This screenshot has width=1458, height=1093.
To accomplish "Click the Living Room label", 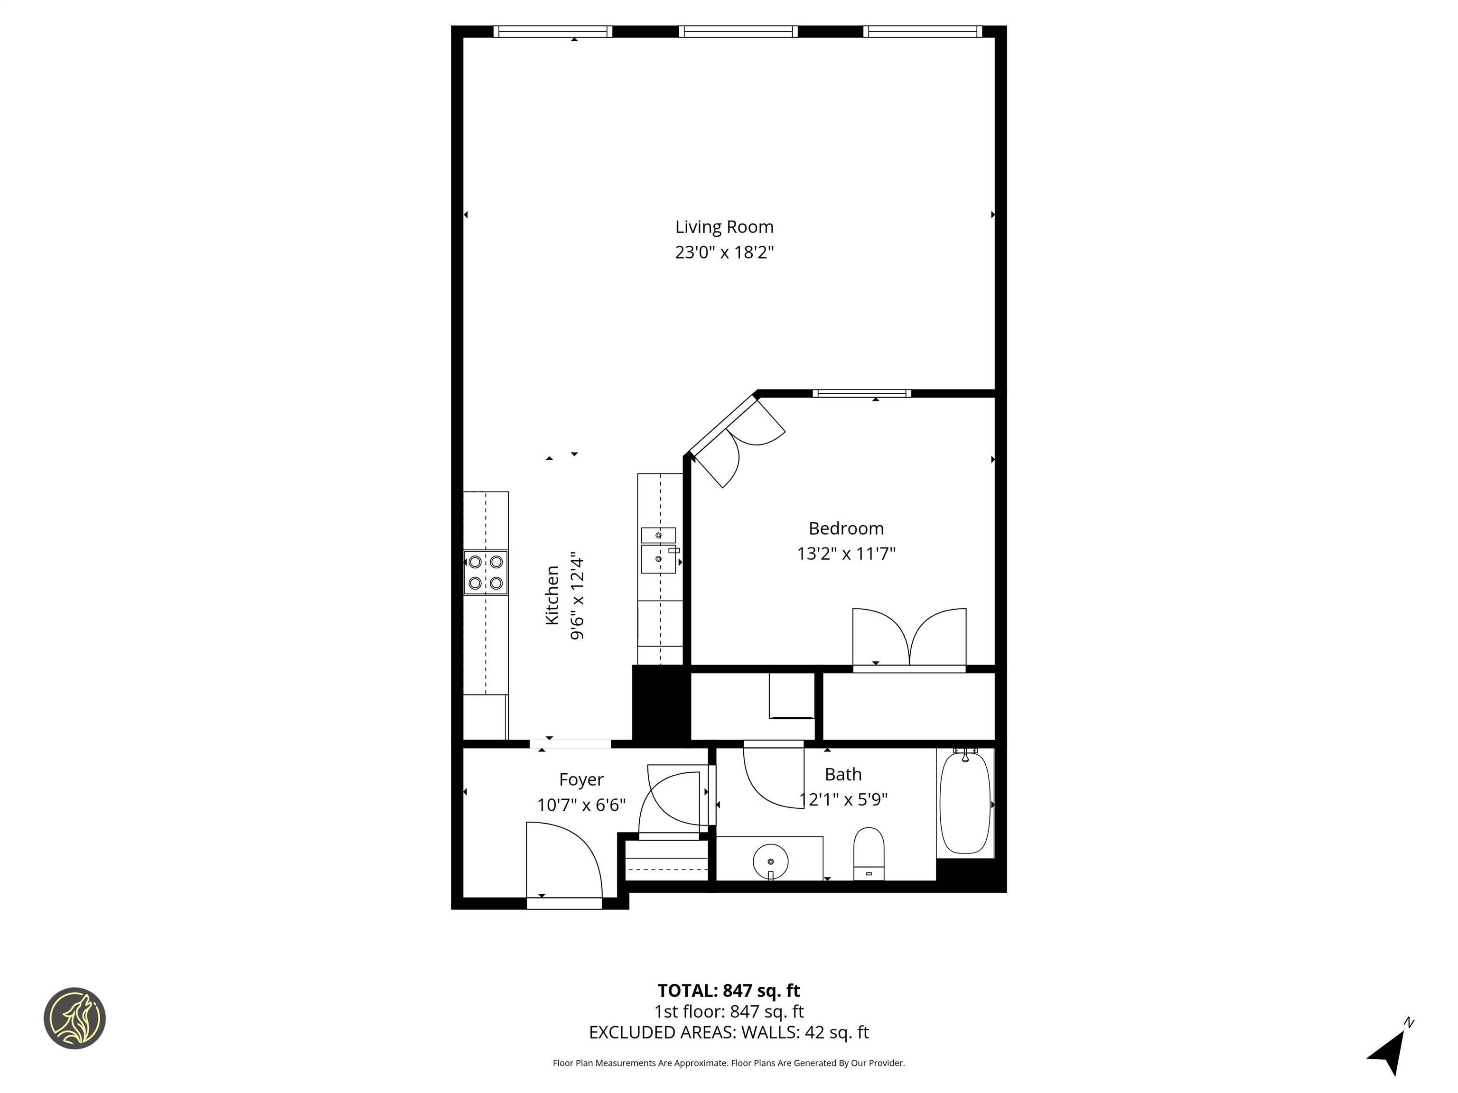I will pos(724,227).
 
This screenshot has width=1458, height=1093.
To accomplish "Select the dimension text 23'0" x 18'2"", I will pos(724,252).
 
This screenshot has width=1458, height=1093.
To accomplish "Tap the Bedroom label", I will pos(846,528).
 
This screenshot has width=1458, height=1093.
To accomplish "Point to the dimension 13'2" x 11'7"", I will pos(846,554).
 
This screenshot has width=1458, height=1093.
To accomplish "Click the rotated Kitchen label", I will pos(552,595).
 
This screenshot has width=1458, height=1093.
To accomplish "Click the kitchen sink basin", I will pos(658,559).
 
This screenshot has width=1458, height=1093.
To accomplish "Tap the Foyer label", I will pos(581,779).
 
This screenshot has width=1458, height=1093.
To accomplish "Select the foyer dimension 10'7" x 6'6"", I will pos(581,805).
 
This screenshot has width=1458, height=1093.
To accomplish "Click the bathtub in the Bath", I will pos(964,803).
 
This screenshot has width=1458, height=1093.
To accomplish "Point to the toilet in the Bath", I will pos(868,852).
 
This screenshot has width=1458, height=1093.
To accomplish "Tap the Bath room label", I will pos(842,774).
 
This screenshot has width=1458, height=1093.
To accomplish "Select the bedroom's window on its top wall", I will pos(861,393).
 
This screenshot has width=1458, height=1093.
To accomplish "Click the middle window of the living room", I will pos(738,31).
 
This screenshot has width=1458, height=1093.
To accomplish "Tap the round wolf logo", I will pos(75,1018).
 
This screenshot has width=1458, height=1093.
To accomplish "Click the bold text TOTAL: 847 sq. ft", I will pos(729,990).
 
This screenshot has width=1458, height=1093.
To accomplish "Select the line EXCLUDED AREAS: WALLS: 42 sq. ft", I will pos(729,1032).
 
